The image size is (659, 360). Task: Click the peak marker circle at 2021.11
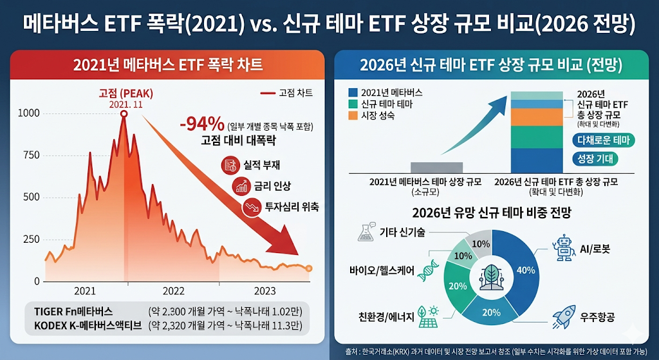point(124,114)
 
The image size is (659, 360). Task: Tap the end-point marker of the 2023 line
point(309,269)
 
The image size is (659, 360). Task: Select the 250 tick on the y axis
point(30,240)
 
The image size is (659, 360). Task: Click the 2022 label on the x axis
point(174,290)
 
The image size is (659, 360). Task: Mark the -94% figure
point(202,124)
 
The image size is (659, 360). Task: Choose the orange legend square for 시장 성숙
point(351,116)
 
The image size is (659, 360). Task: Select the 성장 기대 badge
point(595,158)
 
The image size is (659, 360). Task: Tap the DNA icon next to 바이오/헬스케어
point(429,271)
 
